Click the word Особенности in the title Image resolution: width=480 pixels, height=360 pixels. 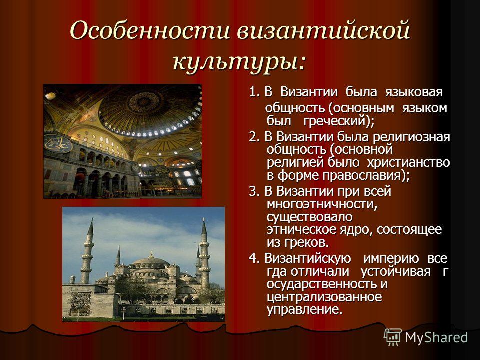150,30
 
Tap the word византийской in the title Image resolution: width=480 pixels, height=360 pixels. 323,30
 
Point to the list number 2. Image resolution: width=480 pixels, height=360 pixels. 254,137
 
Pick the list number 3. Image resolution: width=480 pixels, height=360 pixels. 254,191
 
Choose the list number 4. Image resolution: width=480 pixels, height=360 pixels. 254,258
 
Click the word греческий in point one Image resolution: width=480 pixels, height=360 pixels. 335,121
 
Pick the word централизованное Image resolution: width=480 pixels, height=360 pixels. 324,297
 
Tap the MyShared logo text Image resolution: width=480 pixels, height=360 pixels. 437,338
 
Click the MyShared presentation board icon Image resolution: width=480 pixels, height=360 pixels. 393,337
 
